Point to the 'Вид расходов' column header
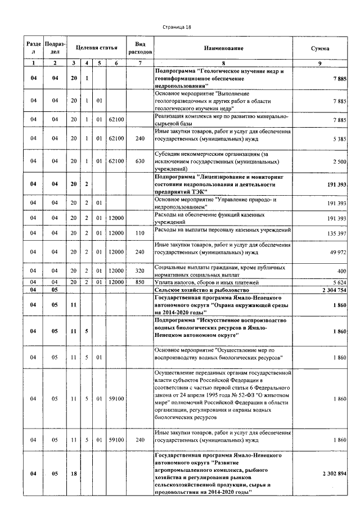point(139,48)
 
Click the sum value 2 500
point(339,161)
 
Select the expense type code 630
point(139,161)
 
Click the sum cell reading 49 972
point(337,253)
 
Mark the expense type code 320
point(139,271)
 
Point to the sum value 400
point(341,271)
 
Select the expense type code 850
point(139,282)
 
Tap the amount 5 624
point(339,282)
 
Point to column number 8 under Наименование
point(224,63)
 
